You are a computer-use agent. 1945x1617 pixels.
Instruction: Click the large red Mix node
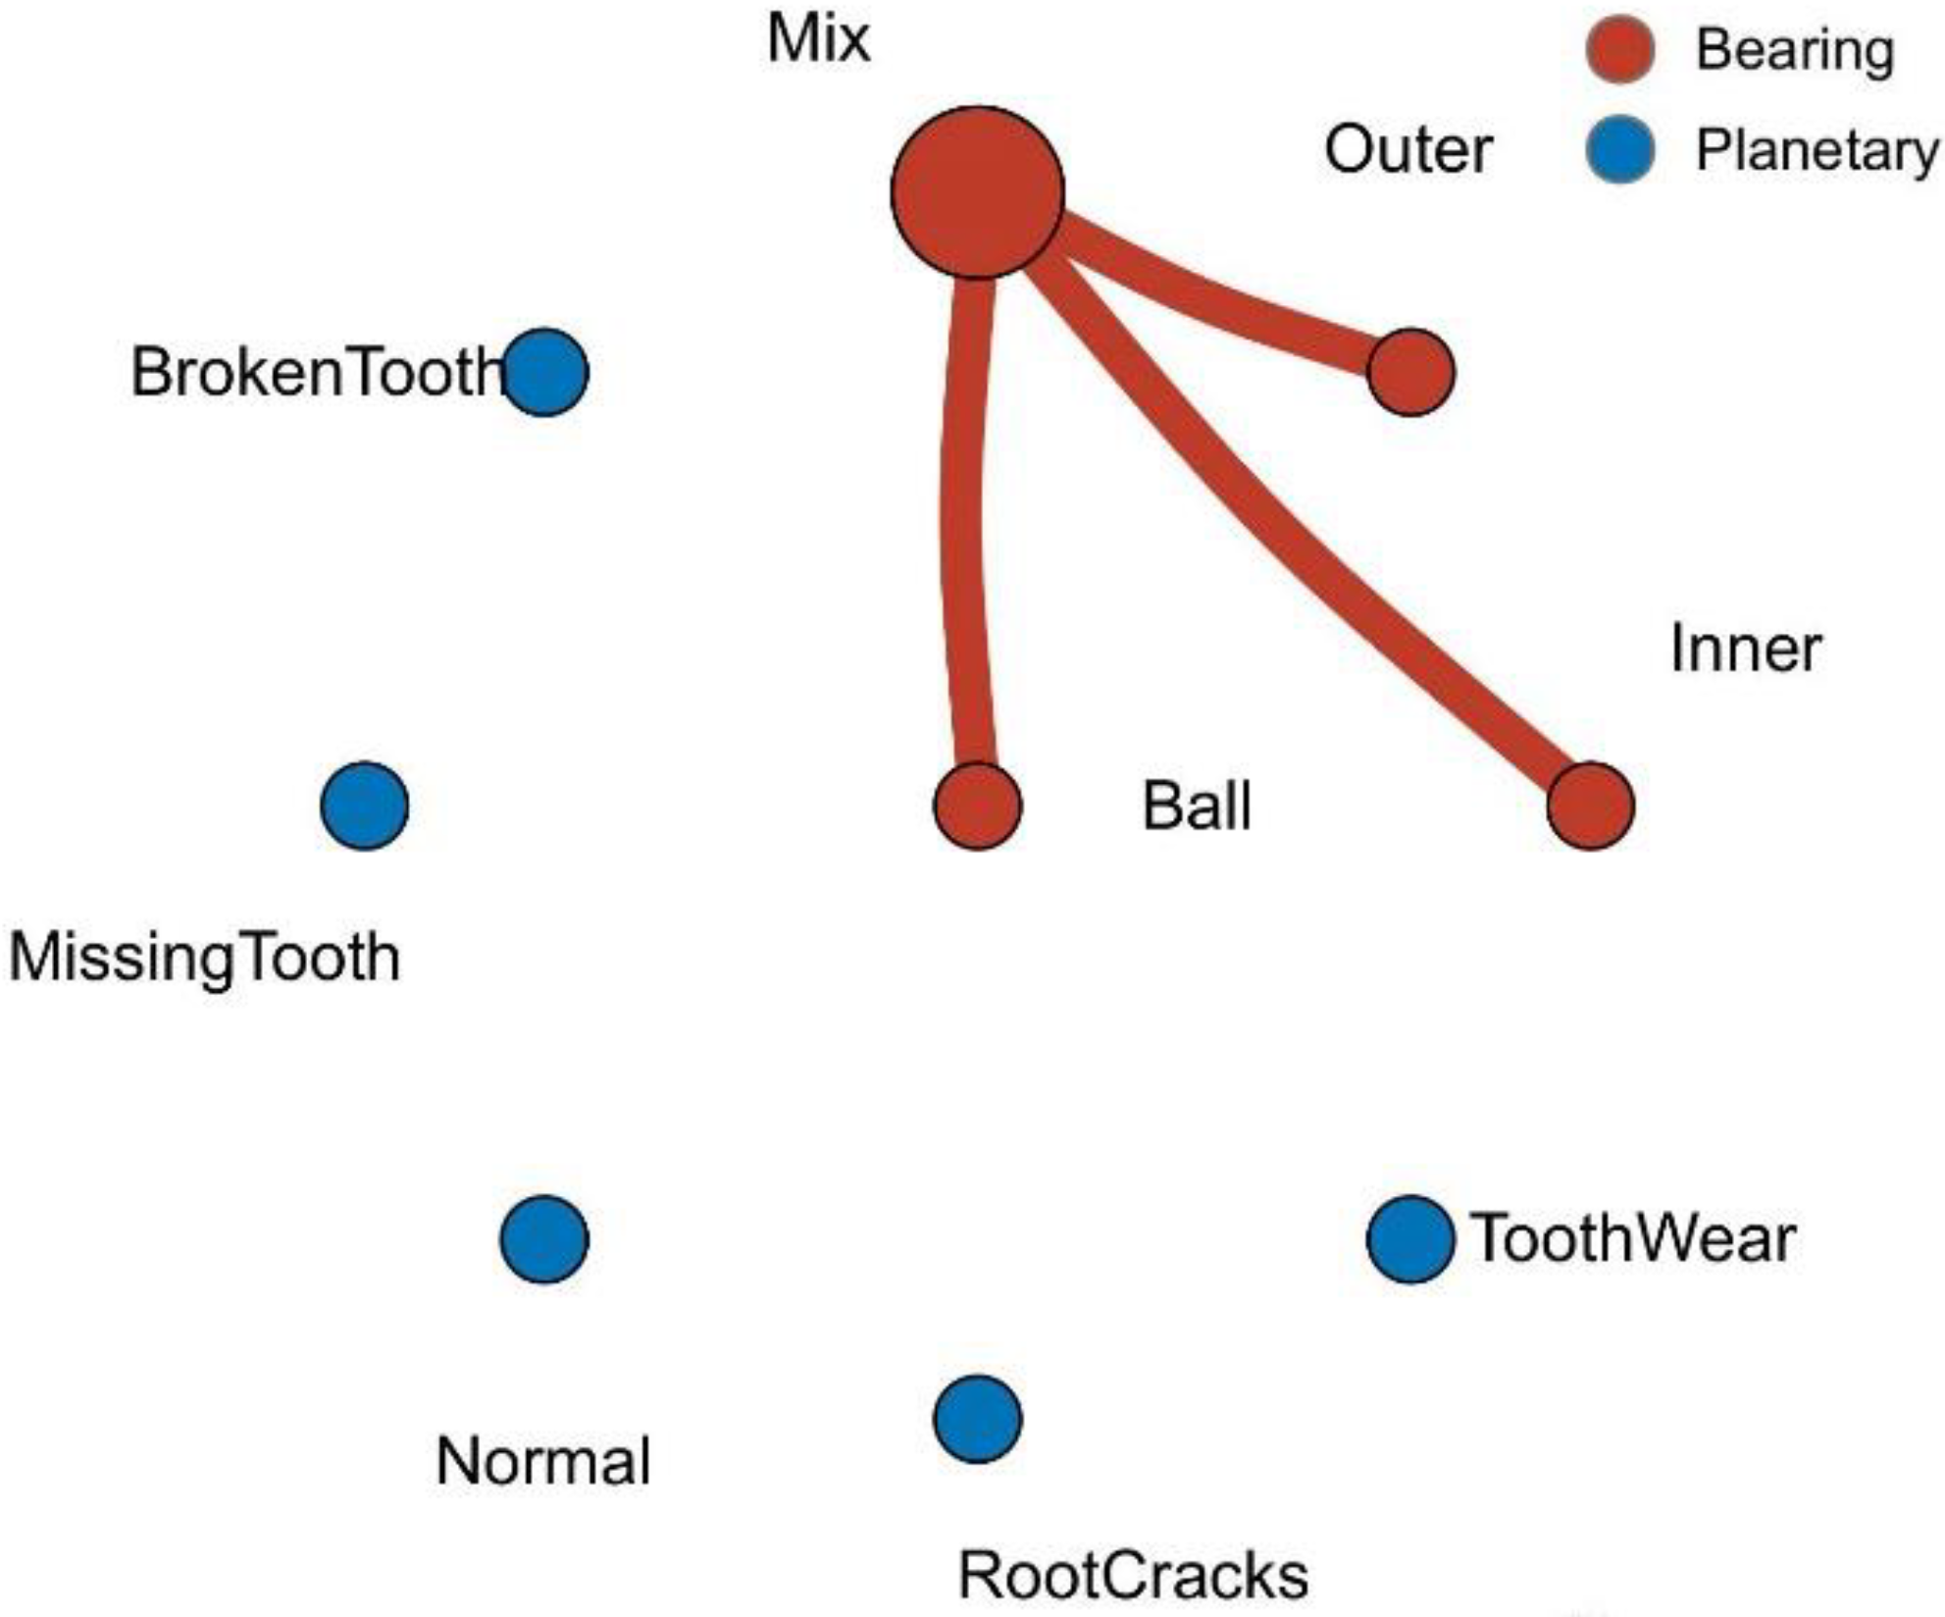pyautogui.click(x=977, y=192)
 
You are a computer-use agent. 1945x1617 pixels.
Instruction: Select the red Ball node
pyautogui.click(x=977, y=806)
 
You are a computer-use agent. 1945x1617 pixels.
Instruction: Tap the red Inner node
pyautogui.click(x=1590, y=806)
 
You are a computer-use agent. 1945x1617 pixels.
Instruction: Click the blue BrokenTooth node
pyautogui.click(x=544, y=372)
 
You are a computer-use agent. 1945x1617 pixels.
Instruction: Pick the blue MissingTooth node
pyautogui.click(x=364, y=806)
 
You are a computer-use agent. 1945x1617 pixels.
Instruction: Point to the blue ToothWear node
pyautogui.click(x=1409, y=1239)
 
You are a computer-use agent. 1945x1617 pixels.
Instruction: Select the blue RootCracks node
pyautogui.click(x=977, y=1419)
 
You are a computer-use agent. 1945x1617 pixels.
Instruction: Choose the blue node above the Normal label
pyautogui.click(x=544, y=1239)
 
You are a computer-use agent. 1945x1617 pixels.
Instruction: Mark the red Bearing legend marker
pyautogui.click(x=1619, y=49)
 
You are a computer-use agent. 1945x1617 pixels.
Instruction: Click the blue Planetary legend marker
pyautogui.click(x=1619, y=150)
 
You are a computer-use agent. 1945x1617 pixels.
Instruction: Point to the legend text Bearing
pyautogui.click(x=1795, y=51)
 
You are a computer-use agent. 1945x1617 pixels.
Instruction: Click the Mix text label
pyautogui.click(x=818, y=39)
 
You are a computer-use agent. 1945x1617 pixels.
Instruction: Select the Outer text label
pyautogui.click(x=1408, y=150)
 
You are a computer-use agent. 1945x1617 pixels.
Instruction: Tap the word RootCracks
pyautogui.click(x=1132, y=1576)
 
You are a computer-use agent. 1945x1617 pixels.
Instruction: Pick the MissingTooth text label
pyautogui.click(x=205, y=958)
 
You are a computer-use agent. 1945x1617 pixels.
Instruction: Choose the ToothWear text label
pyautogui.click(x=1632, y=1238)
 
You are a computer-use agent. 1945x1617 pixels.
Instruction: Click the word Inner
pyautogui.click(x=1745, y=649)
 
